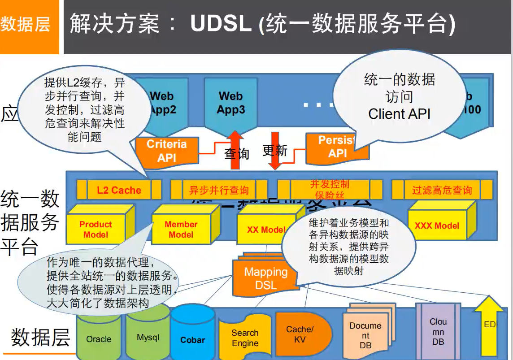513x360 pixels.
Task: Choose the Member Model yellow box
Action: click(181, 229)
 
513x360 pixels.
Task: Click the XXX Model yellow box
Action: click(437, 226)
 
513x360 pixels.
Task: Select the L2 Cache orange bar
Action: click(119, 190)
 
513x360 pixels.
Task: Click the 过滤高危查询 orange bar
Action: click(442, 190)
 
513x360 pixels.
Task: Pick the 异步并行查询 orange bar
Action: click(218, 190)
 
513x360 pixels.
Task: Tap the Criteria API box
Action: click(167, 151)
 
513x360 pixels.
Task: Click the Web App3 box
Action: click(231, 103)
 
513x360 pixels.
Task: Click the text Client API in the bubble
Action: click(399, 114)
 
